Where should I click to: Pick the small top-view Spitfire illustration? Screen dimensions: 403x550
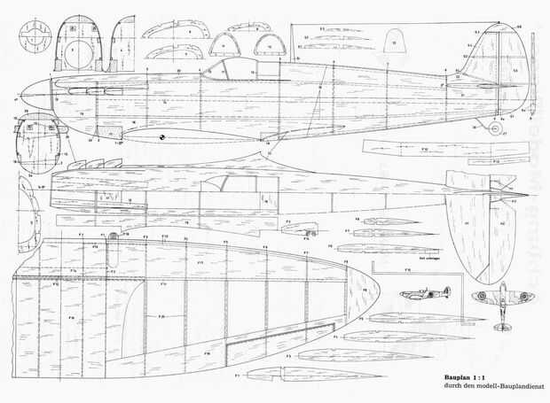(x=502, y=304)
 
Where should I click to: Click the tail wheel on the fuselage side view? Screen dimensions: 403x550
(x=497, y=129)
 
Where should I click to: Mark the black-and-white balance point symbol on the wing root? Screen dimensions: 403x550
(x=162, y=137)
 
